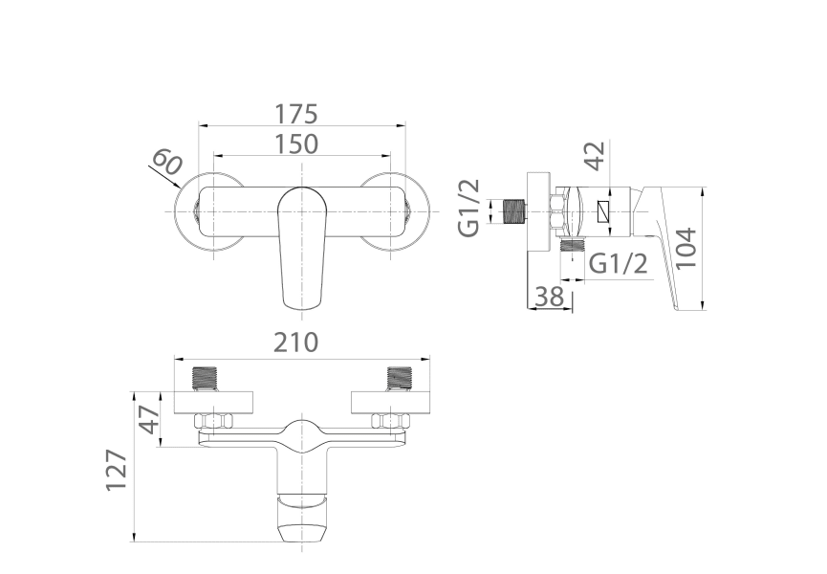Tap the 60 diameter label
(166, 163)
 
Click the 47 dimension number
(149, 418)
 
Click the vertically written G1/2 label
(469, 208)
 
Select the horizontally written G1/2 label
(619, 264)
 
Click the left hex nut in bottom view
(210, 420)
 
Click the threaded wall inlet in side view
(514, 210)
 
